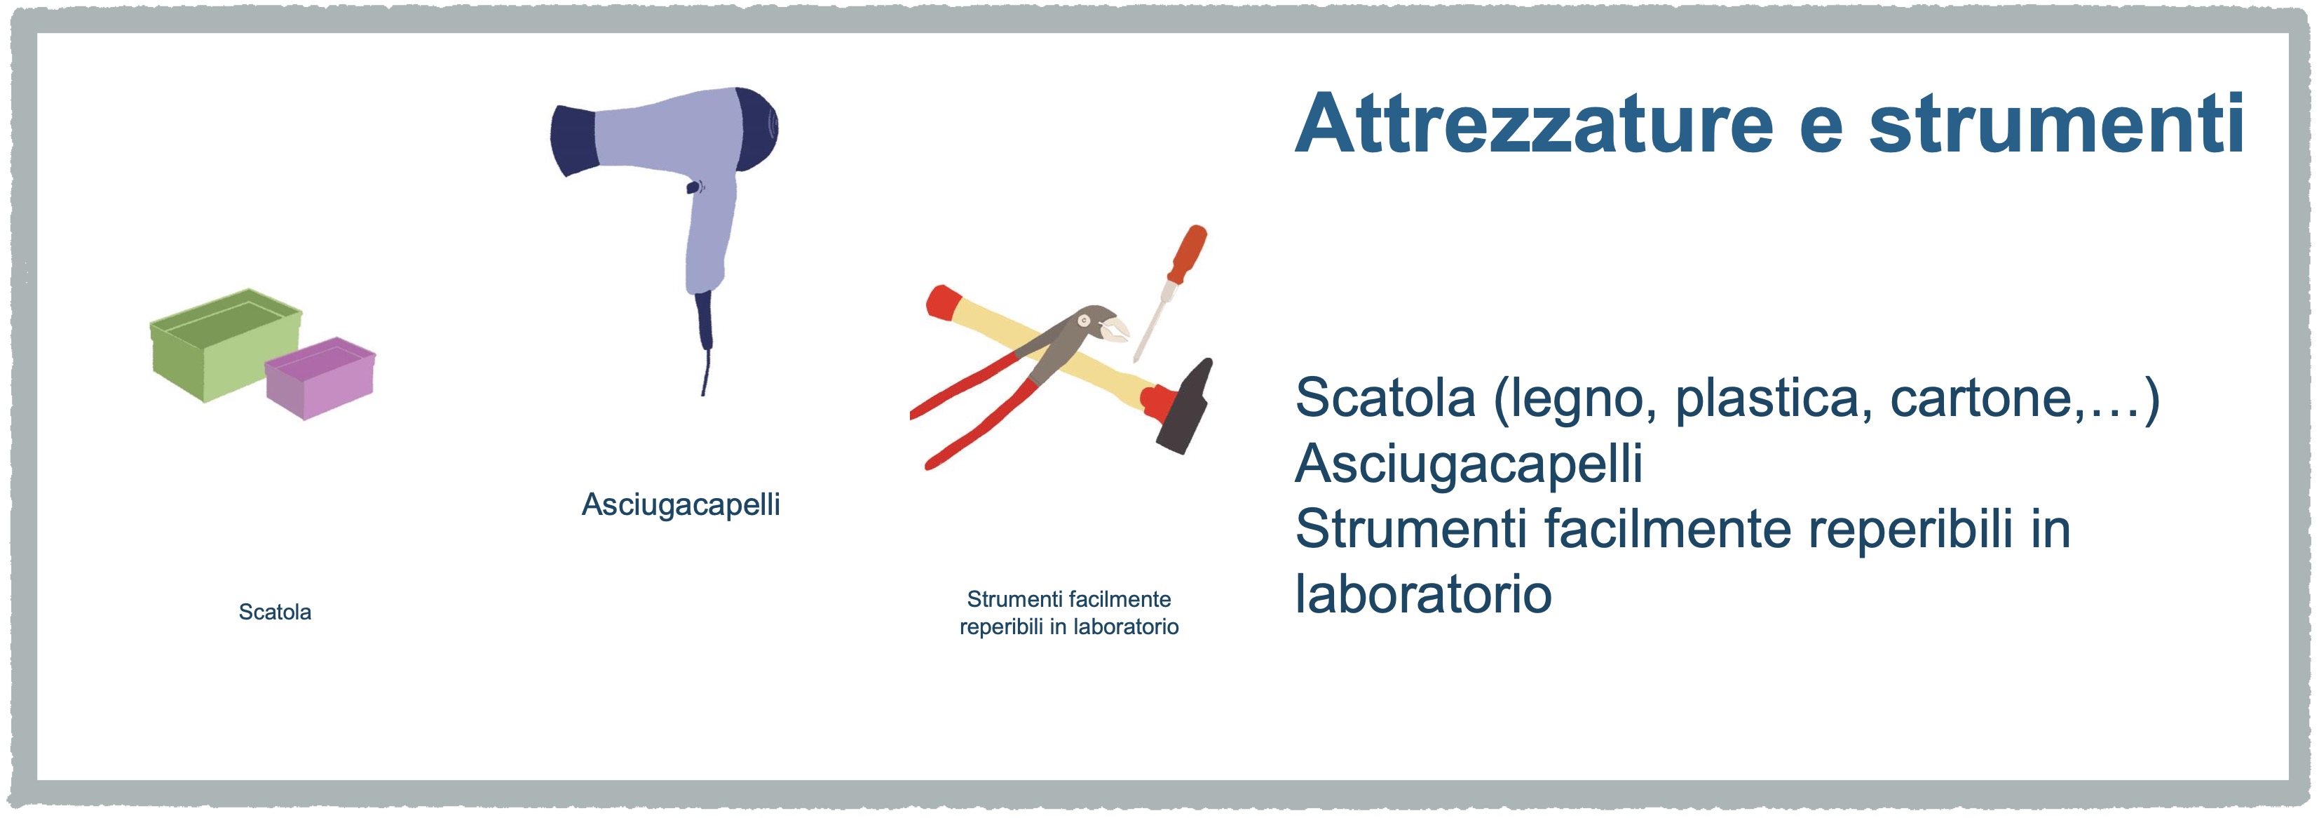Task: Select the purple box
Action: (320, 378)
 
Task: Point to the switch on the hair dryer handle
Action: (693, 187)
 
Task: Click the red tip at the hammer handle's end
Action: (943, 302)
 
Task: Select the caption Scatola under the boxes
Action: (275, 612)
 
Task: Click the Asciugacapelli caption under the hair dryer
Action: (681, 504)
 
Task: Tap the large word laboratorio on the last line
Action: (1423, 595)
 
